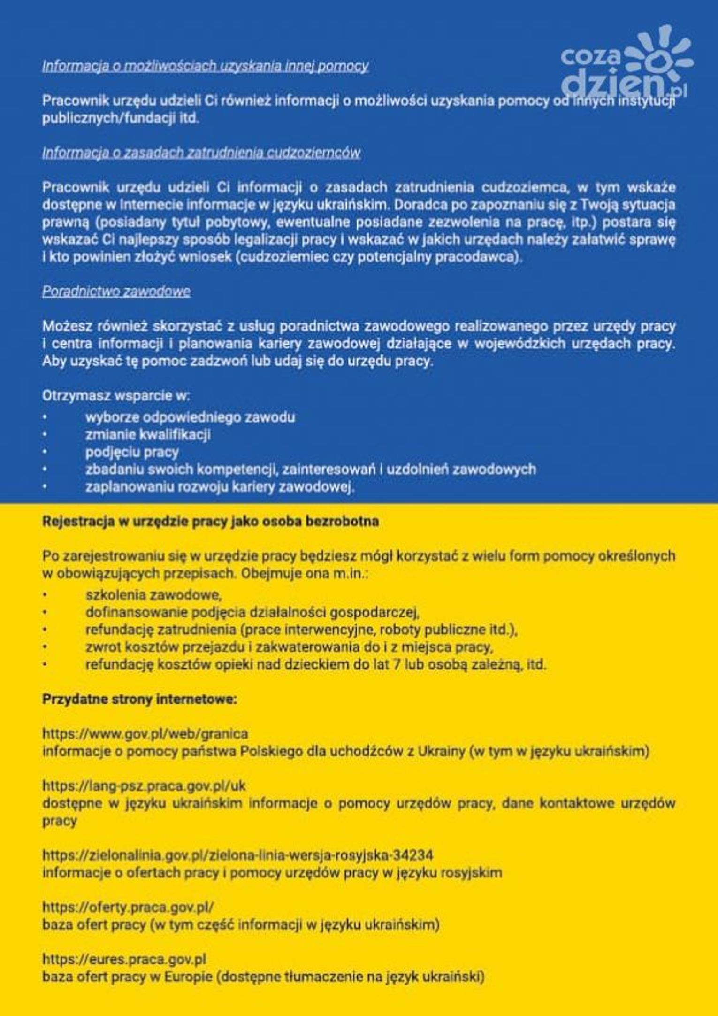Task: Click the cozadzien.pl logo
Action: pyautogui.click(x=627, y=63)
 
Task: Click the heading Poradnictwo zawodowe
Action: pyautogui.click(x=116, y=292)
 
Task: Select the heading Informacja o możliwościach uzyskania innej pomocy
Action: pyautogui.click(x=205, y=66)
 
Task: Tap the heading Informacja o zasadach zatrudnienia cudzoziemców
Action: pyautogui.click(x=201, y=153)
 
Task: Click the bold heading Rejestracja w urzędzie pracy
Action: pyautogui.click(x=210, y=522)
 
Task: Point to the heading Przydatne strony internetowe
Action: pyautogui.click(x=139, y=700)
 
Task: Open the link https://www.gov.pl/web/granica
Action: pyautogui.click(x=145, y=734)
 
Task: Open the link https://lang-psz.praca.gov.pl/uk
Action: pyautogui.click(x=144, y=786)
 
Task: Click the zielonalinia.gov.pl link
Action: pyautogui.click(x=237, y=855)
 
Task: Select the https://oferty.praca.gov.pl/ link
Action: pyautogui.click(x=128, y=907)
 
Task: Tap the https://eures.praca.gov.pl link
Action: pyautogui.click(x=124, y=959)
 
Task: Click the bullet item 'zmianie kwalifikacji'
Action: pyautogui.click(x=148, y=435)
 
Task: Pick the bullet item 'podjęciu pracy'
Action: pyautogui.click(x=132, y=452)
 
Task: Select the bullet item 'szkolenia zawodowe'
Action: pyautogui.click(x=153, y=595)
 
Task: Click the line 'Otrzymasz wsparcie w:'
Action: pyautogui.click(x=116, y=396)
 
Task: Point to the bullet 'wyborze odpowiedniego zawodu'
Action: pyautogui.click(x=190, y=417)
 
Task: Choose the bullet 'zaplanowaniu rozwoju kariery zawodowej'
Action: pyautogui.click(x=219, y=487)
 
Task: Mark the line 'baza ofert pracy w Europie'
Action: pyautogui.click(x=263, y=977)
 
